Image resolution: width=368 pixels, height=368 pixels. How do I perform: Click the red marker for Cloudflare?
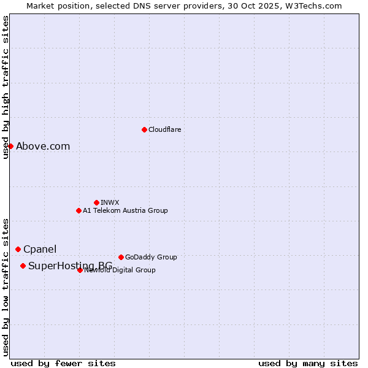pos(144,129)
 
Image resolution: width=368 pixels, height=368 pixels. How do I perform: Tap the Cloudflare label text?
pos(165,129)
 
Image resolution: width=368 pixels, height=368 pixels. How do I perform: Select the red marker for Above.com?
pos(10,146)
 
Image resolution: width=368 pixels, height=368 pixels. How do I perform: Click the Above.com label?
pos(43,146)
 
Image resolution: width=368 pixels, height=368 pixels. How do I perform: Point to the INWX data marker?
pos(96,202)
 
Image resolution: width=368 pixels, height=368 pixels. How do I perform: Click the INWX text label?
pos(110,202)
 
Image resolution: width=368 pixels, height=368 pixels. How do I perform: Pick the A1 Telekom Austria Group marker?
pos(79,210)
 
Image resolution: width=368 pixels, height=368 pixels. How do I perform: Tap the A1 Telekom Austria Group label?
pos(125,210)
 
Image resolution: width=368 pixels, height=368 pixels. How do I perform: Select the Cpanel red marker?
pos(18,249)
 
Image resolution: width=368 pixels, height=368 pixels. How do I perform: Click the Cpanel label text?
pos(40,249)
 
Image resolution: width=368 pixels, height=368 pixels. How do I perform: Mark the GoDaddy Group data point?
pos(121,257)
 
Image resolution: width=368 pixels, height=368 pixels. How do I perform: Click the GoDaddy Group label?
pos(151,257)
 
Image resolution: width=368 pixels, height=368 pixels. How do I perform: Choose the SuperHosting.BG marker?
pos(23,266)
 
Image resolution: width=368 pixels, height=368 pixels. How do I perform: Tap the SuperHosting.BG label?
pos(70,266)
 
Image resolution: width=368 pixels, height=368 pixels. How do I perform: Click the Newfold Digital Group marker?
pos(80,270)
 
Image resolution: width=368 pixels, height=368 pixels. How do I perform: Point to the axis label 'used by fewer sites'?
pos(63,363)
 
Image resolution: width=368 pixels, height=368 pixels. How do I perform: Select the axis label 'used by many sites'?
pos(308,363)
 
